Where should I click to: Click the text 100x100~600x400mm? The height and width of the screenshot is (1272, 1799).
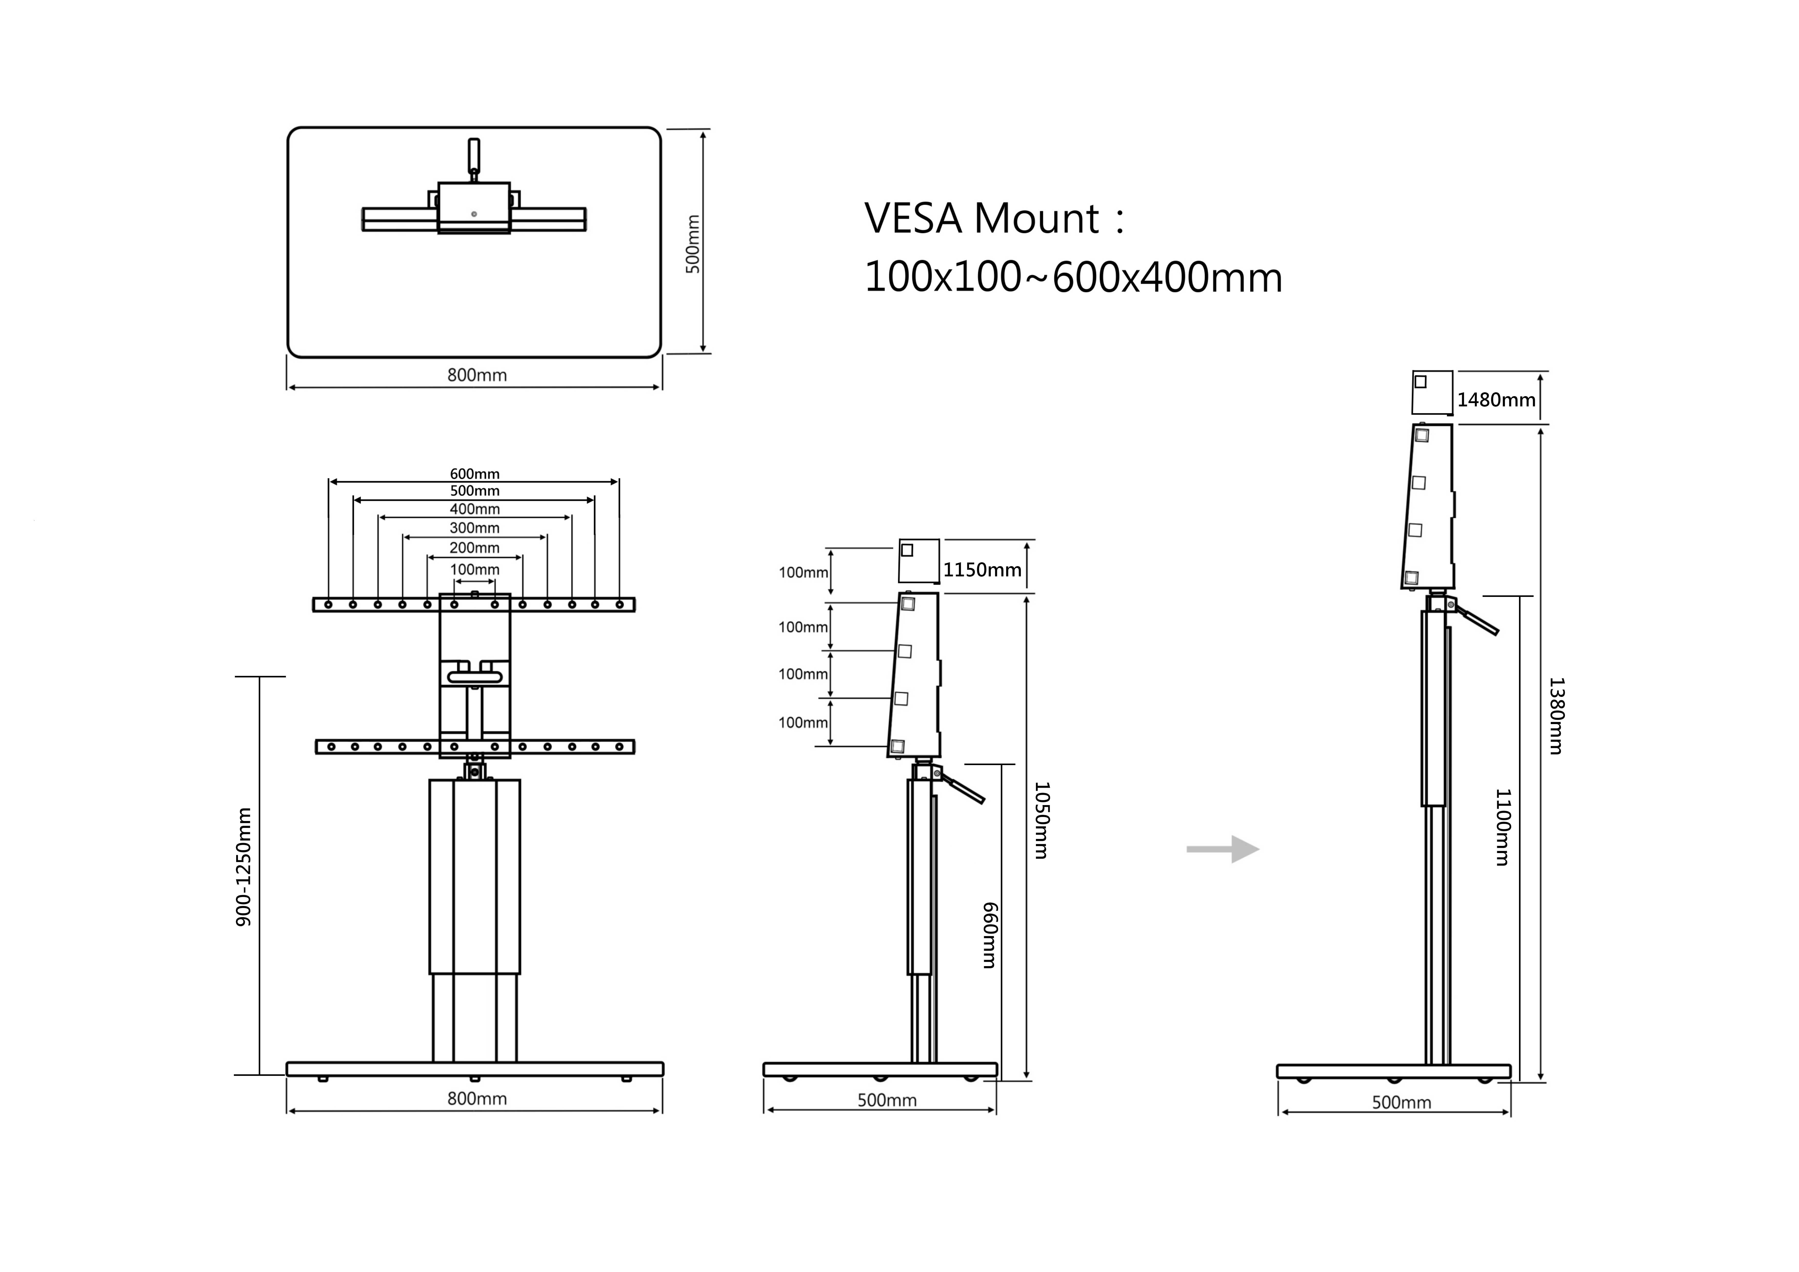(x=1073, y=278)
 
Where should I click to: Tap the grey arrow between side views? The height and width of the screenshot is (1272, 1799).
(x=1222, y=849)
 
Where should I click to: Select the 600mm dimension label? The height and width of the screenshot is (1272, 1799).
(x=474, y=473)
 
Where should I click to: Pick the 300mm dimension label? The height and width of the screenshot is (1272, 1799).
(x=474, y=528)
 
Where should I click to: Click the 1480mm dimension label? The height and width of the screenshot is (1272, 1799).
(x=1496, y=400)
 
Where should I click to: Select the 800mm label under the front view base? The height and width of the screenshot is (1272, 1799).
(x=476, y=1099)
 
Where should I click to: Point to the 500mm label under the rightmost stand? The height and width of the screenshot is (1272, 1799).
(x=1401, y=1103)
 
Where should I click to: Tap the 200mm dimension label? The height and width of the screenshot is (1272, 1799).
(x=474, y=548)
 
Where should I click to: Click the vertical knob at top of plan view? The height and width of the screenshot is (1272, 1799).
(x=473, y=155)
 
